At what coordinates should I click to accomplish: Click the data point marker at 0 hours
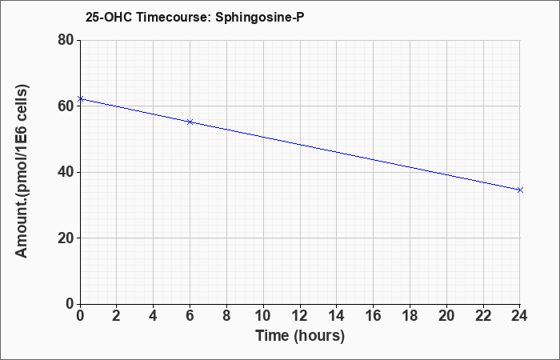[x=80, y=98]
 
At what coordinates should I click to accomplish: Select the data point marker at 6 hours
[x=190, y=122]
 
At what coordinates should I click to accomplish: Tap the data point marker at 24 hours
[x=520, y=190]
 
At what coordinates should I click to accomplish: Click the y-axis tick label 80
[x=66, y=40]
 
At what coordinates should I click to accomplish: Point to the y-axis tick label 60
[x=66, y=106]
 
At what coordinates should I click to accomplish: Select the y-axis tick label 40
[x=66, y=172]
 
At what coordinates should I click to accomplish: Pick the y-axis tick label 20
[x=66, y=238]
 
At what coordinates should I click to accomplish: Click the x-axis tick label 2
[x=117, y=316]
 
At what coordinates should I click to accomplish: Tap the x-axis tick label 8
[x=226, y=316]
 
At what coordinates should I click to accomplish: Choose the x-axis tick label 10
[x=263, y=316]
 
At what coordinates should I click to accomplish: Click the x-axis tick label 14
[x=336, y=316]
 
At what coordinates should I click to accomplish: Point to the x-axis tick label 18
[x=410, y=316]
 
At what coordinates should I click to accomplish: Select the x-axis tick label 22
[x=483, y=316]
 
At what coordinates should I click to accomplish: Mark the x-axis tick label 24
[x=519, y=316]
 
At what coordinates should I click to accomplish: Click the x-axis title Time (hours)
[x=300, y=336]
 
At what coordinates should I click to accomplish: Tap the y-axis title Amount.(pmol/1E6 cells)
[x=22, y=171]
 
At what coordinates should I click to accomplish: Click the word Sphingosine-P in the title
[x=260, y=17]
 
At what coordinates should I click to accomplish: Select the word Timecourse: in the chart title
[x=174, y=17]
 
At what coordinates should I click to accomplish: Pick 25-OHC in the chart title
[x=109, y=17]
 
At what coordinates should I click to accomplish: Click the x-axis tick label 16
[x=373, y=316]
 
